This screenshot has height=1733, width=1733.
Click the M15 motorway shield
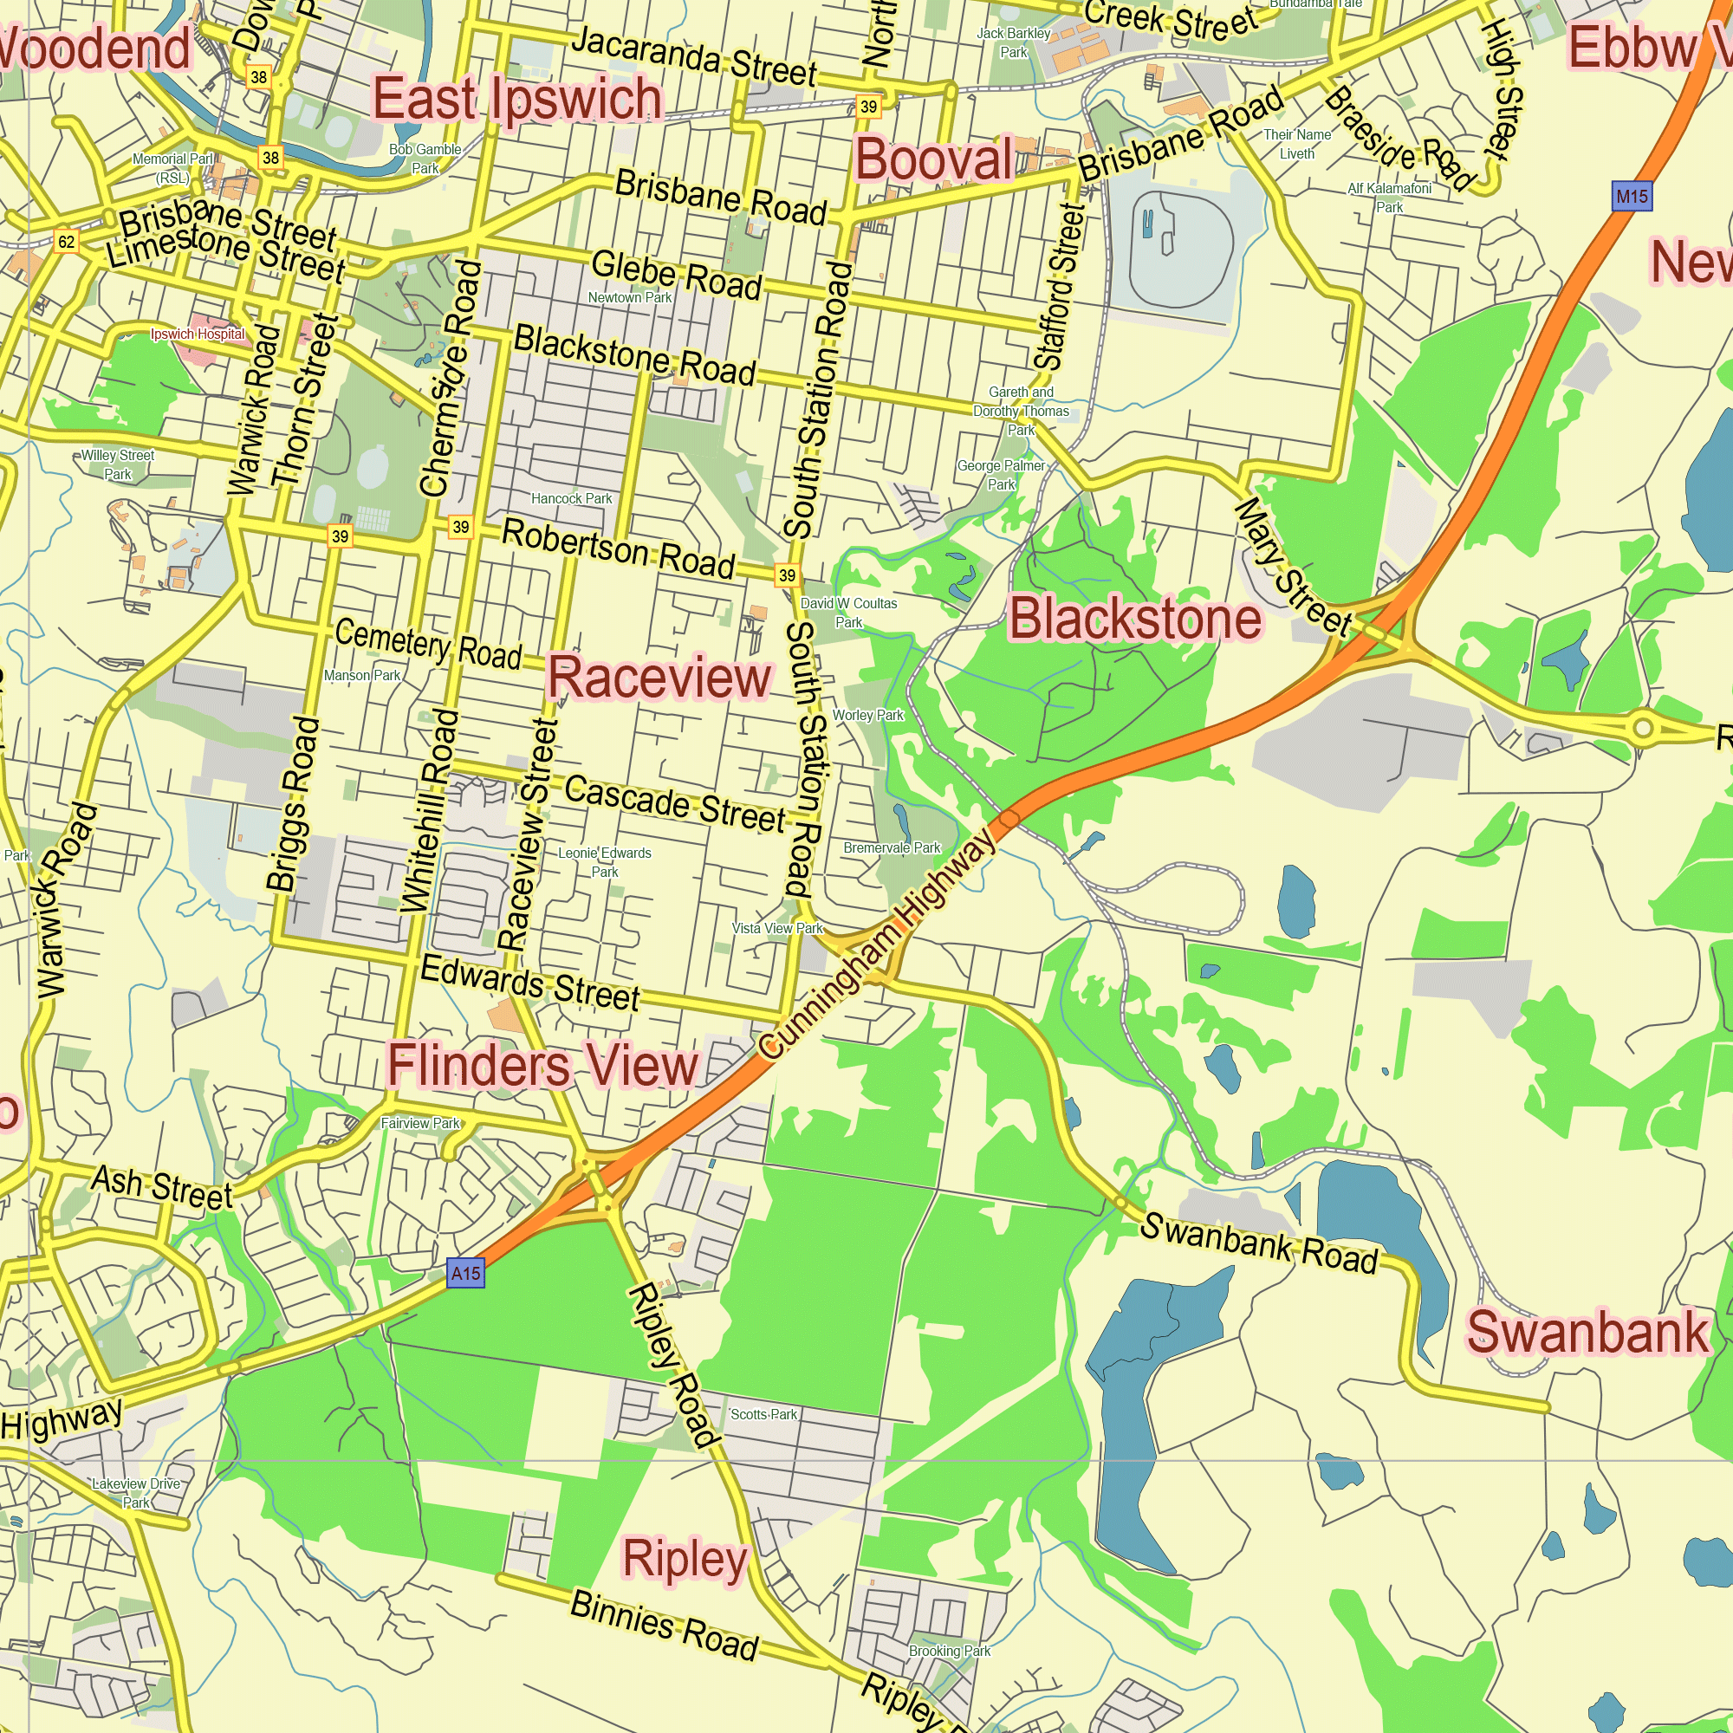click(x=1631, y=196)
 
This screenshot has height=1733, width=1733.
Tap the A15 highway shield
click(x=465, y=1273)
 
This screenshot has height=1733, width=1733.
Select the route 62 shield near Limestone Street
click(x=67, y=241)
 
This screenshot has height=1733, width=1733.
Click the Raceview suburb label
click(x=659, y=678)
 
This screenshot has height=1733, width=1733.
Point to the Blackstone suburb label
click(x=1136, y=619)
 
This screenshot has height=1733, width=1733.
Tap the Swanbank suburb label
click(x=1587, y=1332)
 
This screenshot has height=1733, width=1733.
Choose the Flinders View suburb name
click(x=542, y=1066)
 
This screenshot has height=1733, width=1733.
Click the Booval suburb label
click(x=934, y=159)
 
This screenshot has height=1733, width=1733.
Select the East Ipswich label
click(x=516, y=99)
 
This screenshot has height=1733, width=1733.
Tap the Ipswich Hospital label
click(x=198, y=334)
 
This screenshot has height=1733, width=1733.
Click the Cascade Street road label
click(x=674, y=803)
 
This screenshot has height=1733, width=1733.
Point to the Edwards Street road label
click(x=530, y=983)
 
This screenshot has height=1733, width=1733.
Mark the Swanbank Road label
click(x=1258, y=1243)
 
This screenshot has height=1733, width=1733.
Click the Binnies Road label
click(x=665, y=1625)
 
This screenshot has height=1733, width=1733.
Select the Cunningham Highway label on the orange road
click(x=877, y=942)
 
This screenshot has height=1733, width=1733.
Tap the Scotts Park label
click(x=763, y=1415)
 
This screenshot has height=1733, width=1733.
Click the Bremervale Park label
click(x=892, y=847)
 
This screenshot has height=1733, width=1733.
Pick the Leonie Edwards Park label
click(x=605, y=862)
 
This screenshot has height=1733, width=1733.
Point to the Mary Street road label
click(x=1292, y=567)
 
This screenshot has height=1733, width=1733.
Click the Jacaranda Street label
click(x=693, y=55)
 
